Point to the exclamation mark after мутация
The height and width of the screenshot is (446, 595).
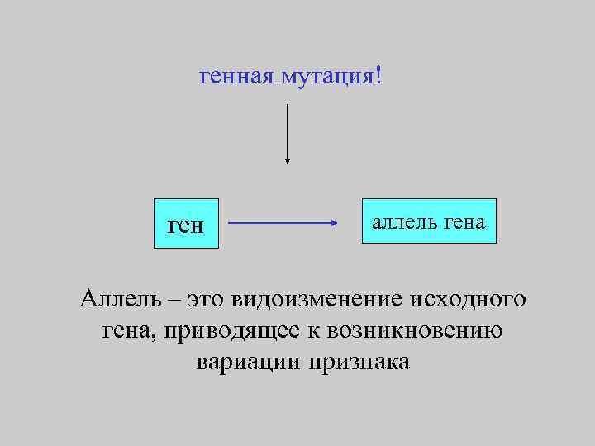[378, 76]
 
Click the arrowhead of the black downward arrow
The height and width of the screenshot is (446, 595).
[287, 160]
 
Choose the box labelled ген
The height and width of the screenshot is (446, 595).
[185, 223]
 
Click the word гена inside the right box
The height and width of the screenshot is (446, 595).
[466, 221]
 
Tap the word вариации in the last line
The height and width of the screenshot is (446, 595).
[248, 363]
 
